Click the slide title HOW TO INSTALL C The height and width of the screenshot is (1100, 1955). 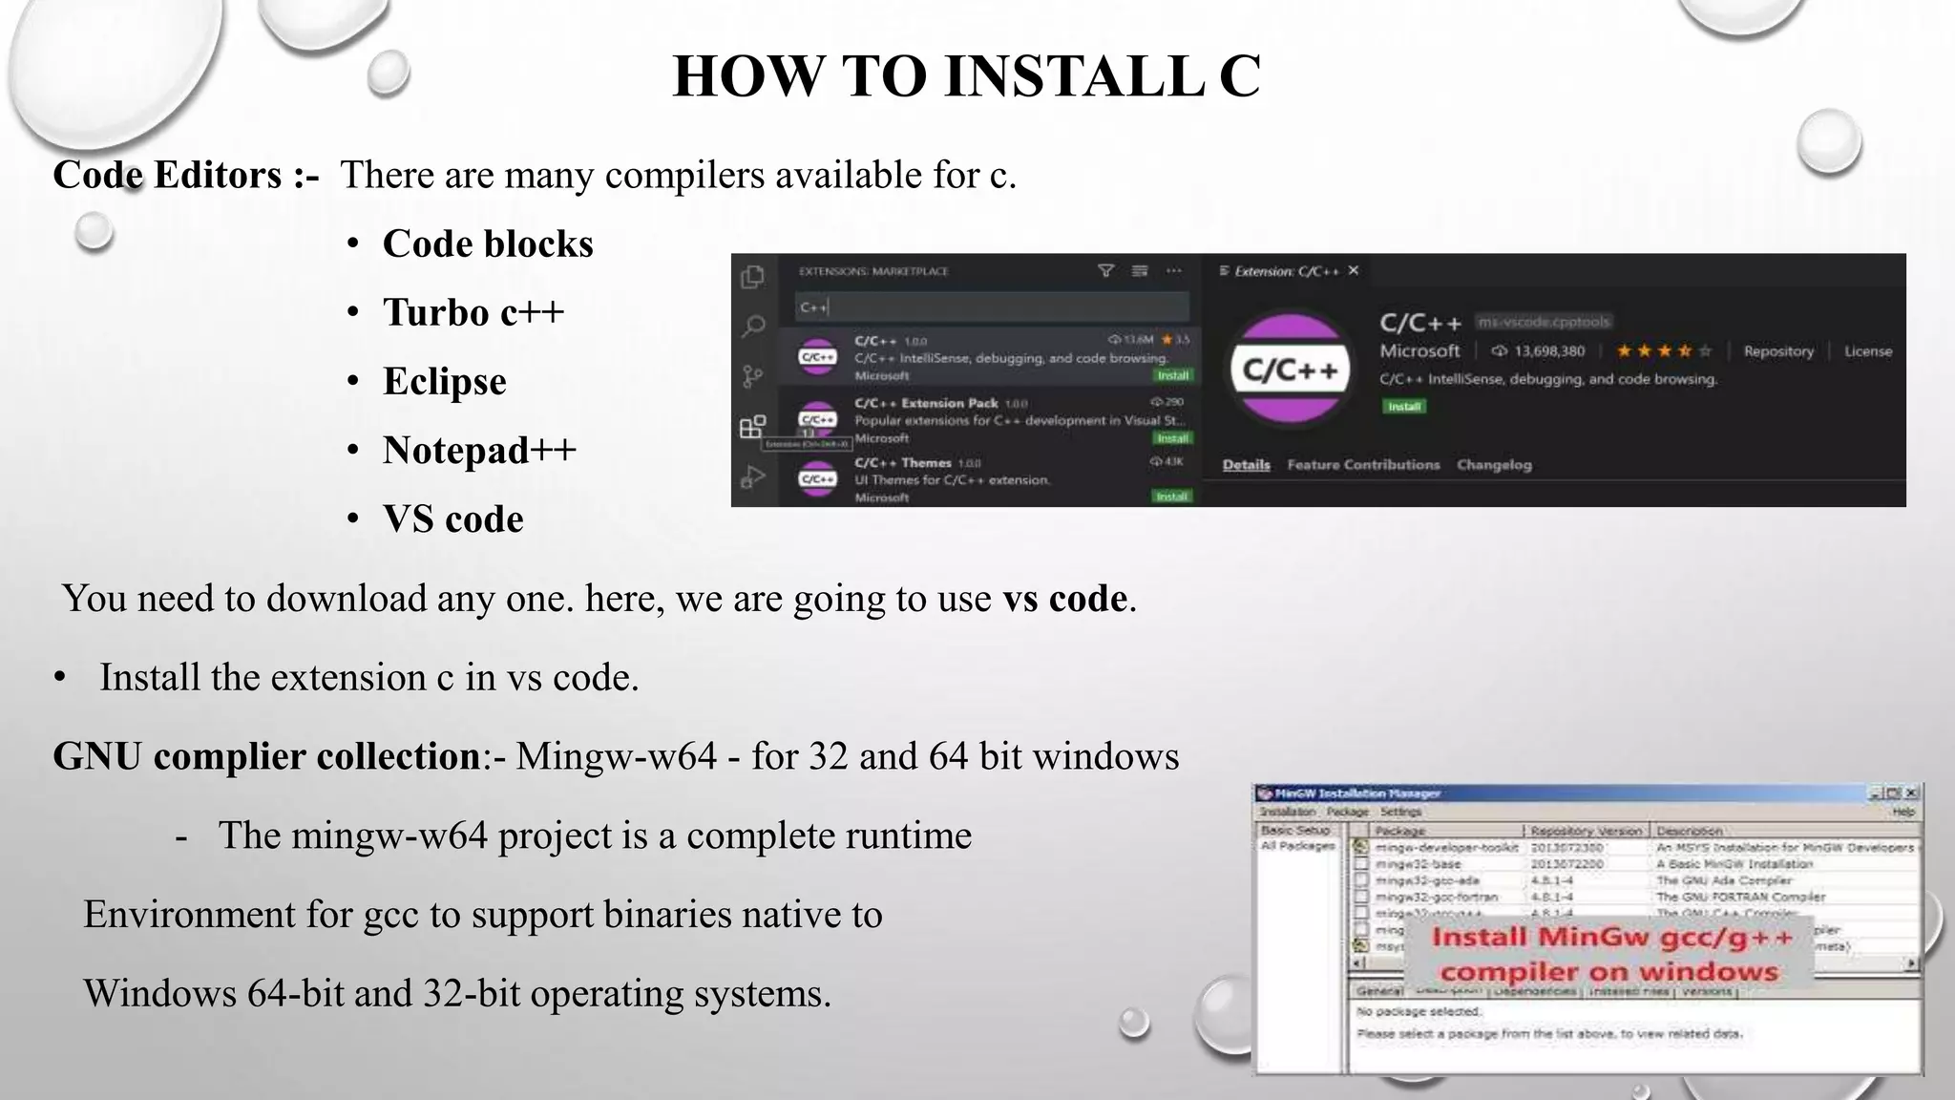(966, 76)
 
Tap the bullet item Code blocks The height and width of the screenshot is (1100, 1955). (487, 244)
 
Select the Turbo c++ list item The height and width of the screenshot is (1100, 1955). (473, 313)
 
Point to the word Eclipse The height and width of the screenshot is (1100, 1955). (445, 382)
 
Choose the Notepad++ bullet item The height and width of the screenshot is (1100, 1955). (479, 451)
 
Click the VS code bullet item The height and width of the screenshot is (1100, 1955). (453, 519)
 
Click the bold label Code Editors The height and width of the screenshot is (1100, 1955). (167, 176)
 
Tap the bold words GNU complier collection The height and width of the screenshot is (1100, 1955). (266, 756)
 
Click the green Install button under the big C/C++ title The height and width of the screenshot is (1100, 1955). (1404, 407)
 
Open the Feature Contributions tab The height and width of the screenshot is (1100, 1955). (1363, 465)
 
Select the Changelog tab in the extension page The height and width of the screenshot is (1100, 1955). (1494, 465)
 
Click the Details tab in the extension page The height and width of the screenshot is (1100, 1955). (1246, 465)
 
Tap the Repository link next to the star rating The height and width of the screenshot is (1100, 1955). (1778, 351)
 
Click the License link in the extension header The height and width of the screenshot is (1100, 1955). (1867, 351)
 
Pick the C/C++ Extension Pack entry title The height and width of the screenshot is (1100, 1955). (925, 403)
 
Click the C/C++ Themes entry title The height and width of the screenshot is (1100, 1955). (902, 463)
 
